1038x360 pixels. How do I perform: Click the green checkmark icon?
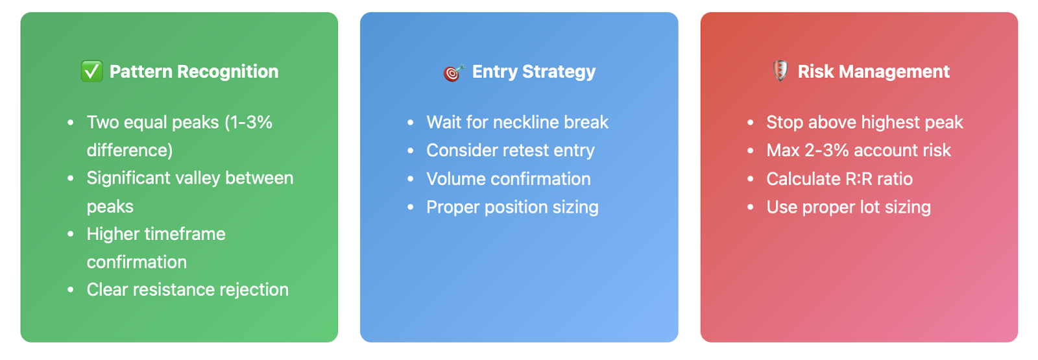click(91, 71)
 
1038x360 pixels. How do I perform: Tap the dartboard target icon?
click(453, 72)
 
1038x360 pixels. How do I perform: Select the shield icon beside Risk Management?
click(780, 71)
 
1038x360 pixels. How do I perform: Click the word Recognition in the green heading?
click(228, 71)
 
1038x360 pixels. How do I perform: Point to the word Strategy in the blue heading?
click(559, 72)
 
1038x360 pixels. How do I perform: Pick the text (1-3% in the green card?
click(248, 123)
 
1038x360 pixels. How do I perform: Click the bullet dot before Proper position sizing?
click(410, 207)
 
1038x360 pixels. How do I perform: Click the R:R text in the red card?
click(859, 179)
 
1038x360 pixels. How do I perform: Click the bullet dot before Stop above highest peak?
click(750, 123)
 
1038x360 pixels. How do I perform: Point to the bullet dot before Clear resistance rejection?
click(71, 290)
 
